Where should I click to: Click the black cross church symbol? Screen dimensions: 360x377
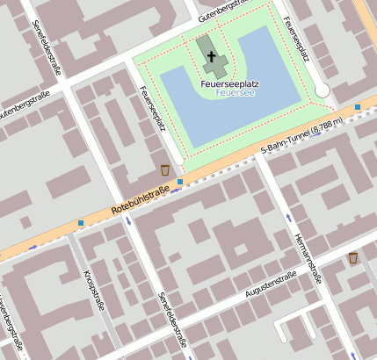point(211,59)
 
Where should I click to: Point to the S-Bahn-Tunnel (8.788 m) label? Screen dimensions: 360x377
point(301,140)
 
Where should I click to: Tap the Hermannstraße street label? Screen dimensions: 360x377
point(305,250)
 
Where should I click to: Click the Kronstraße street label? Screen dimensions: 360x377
point(91,289)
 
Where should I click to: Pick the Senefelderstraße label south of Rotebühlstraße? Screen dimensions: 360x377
point(170,320)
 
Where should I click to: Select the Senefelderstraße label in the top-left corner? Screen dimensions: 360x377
point(50,48)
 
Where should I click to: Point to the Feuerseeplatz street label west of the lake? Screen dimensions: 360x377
point(154,109)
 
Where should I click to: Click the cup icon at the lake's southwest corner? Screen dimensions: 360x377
point(165,169)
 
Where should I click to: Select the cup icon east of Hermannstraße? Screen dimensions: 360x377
point(352,257)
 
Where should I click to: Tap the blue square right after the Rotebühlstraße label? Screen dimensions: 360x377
point(180,182)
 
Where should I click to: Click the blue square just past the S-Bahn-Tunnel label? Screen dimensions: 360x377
point(358,107)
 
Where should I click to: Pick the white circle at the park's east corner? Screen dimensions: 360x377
point(323,90)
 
